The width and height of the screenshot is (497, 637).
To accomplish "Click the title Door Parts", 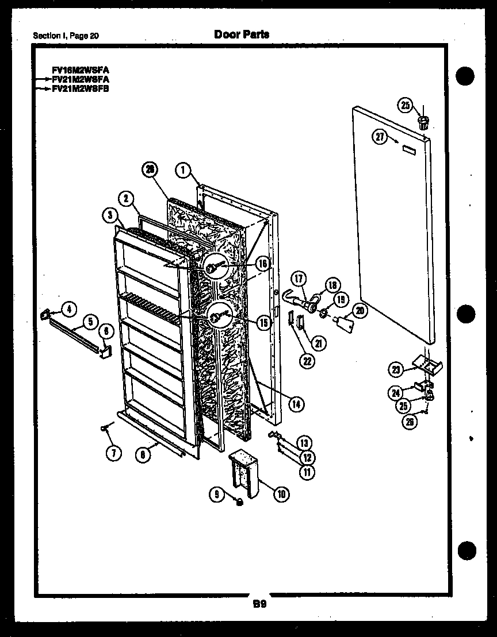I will click(x=241, y=34).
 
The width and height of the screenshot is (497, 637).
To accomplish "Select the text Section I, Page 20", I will click(x=66, y=36).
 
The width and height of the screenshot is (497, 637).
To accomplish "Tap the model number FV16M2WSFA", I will click(x=80, y=70).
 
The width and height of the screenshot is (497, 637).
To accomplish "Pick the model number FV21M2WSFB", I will click(x=80, y=89).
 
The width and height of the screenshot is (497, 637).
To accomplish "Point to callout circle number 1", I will click(x=183, y=169).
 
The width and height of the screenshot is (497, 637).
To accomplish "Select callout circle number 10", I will click(x=281, y=493).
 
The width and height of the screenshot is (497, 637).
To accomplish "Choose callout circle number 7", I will click(x=113, y=453).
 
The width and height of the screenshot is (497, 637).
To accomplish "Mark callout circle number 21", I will click(x=317, y=343).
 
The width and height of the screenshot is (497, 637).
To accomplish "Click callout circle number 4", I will click(x=68, y=310).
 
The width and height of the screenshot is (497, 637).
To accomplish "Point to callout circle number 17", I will click(x=299, y=279).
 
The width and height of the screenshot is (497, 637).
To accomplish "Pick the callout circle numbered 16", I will click(x=262, y=264).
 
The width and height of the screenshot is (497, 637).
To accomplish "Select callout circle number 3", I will click(x=110, y=216).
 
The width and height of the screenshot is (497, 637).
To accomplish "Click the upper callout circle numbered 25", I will click(x=406, y=105).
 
